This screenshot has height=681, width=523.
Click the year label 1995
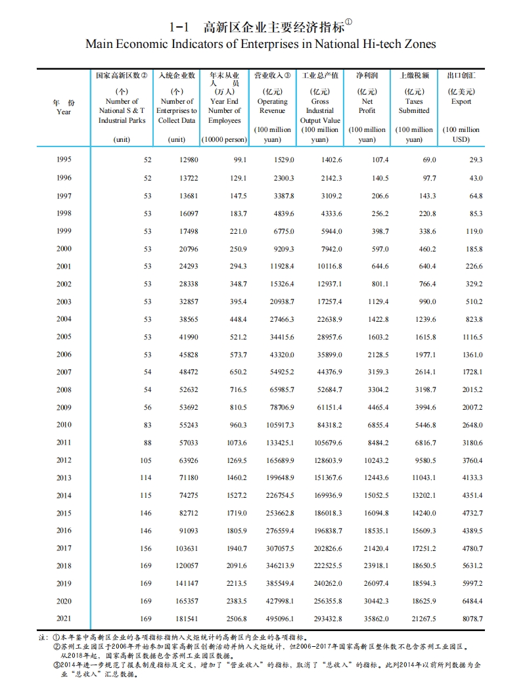click(64, 160)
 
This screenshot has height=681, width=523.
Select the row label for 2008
click(64, 390)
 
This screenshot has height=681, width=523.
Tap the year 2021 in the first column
click(64, 619)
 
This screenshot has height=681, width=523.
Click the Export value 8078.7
click(472, 619)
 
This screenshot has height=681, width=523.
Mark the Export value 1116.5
click(471, 337)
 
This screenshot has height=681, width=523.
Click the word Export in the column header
click(461, 102)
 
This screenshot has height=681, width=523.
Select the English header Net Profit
click(367, 106)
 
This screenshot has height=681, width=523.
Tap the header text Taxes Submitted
click(414, 106)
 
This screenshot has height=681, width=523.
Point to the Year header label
click(64, 112)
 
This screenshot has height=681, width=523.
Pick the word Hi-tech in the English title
click(371, 44)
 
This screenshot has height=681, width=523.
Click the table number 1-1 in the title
click(179, 27)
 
